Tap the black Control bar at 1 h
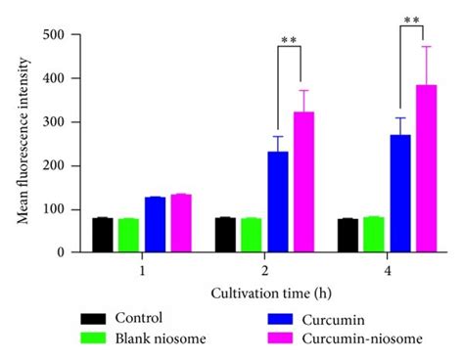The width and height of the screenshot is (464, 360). (x=103, y=235)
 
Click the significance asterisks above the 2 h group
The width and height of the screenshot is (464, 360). (x=289, y=40)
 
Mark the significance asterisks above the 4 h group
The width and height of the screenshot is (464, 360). (x=412, y=19)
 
